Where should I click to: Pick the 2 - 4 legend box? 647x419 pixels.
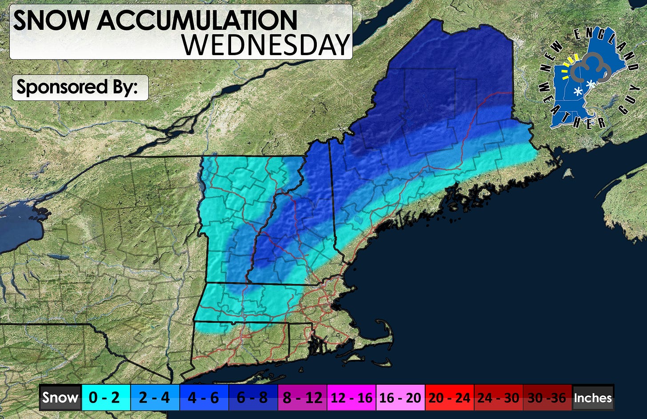pos(155,397)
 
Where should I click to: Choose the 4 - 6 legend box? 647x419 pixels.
pos(204,397)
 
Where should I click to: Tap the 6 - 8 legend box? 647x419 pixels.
pos(252,397)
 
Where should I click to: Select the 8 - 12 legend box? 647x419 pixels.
pos(302,397)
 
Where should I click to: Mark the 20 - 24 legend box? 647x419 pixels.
pos(449,397)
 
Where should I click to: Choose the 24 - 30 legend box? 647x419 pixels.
pos(498,397)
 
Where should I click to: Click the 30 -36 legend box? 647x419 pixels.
pos(547,397)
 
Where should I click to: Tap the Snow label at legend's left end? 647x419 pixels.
pos(60,397)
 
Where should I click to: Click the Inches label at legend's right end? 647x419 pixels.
pos(593,397)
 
